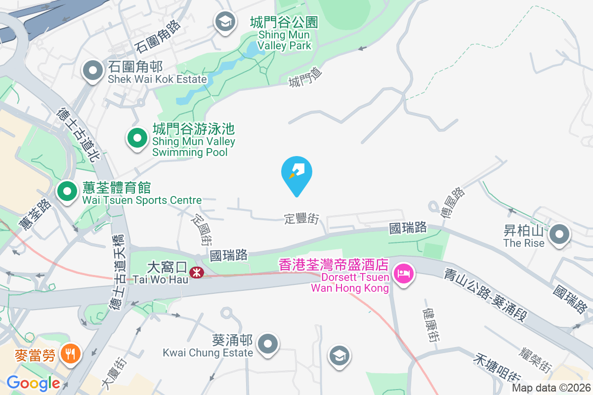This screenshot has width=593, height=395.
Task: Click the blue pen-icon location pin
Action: [x=296, y=173]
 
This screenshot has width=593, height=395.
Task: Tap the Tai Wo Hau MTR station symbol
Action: [x=197, y=272]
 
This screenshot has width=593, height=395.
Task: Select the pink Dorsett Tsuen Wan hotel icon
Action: [x=404, y=273]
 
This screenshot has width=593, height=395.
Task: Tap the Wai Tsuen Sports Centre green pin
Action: [x=66, y=191]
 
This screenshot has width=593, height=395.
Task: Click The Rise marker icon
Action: [x=559, y=234]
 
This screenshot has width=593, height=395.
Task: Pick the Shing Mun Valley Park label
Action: [x=284, y=34]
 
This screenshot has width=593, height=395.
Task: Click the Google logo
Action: [x=34, y=383]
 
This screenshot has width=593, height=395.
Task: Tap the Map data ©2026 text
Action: [x=551, y=388]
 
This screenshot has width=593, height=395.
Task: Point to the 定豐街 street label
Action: [x=301, y=218]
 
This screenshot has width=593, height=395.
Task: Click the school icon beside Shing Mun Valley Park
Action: [x=225, y=22]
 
